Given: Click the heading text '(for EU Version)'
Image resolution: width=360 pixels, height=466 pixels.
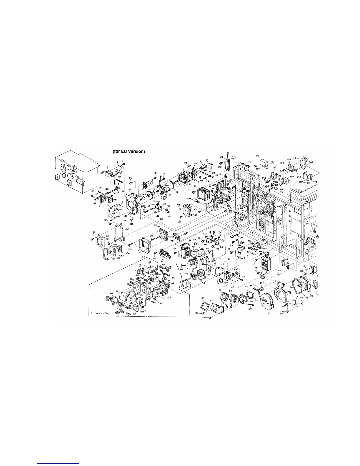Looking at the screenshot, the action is pos(129,152).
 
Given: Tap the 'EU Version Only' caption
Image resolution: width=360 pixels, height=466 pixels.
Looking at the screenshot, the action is pos(99,313).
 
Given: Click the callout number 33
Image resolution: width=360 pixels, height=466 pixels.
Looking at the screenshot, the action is pos(195,187).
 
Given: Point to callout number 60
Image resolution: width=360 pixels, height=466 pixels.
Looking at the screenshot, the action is pos(203,298).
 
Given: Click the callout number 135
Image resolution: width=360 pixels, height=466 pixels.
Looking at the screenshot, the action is pos(149,262).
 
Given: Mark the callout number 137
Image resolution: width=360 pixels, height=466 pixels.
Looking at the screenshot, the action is pos(117,291).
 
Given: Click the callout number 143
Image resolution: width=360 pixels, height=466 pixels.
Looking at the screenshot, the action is pos(260,283).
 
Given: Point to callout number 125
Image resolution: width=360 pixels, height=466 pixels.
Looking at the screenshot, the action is pos(94,232).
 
